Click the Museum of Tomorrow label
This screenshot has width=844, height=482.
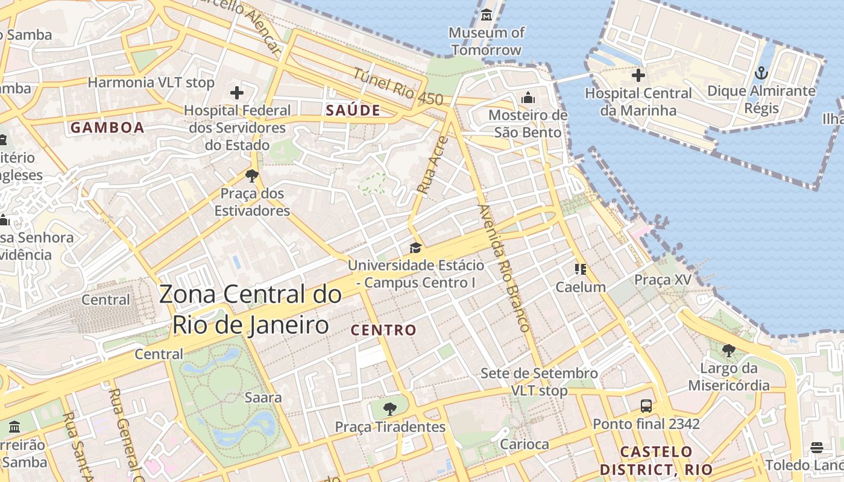click(487, 41)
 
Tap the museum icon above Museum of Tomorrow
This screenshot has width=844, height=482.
click(487, 14)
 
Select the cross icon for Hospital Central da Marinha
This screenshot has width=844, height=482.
click(638, 75)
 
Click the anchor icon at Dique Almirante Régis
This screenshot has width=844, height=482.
click(761, 74)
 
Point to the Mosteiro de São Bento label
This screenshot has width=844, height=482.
click(527, 124)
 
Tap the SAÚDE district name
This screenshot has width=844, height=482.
click(353, 110)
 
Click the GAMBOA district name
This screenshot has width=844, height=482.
click(107, 128)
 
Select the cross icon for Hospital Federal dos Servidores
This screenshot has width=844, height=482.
click(237, 93)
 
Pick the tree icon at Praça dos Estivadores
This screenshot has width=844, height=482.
click(252, 176)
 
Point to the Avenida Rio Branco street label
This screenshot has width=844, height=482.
click(503, 268)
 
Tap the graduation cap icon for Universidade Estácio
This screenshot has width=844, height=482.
click(415, 248)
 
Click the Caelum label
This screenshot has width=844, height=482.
click(581, 287)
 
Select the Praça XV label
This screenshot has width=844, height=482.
click(663, 280)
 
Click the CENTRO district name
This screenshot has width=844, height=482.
click(383, 330)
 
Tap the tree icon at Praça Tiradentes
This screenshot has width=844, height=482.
click(390, 409)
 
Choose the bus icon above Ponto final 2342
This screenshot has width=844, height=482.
click(646, 405)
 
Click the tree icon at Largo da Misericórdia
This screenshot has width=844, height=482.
click(728, 349)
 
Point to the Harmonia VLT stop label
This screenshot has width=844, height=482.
click(151, 83)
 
